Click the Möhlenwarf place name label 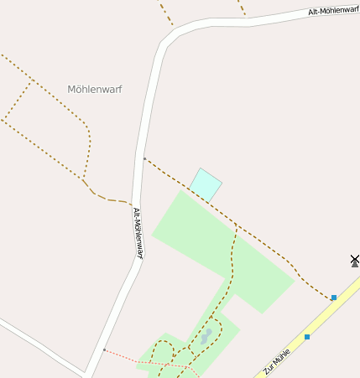pos(94,89)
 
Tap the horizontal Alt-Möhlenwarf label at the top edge pos(334,10)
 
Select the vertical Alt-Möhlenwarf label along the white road pos(138,232)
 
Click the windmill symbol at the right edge pos(355,261)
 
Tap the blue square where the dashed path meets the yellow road pos(334,298)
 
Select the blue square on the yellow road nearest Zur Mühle pos(307,337)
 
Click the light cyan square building pos(206,184)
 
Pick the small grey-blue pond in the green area pos(206,337)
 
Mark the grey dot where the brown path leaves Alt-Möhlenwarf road pos(144,158)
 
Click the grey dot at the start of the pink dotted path pos(104,350)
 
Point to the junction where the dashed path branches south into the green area pos(237,228)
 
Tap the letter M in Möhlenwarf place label pos(71,89)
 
